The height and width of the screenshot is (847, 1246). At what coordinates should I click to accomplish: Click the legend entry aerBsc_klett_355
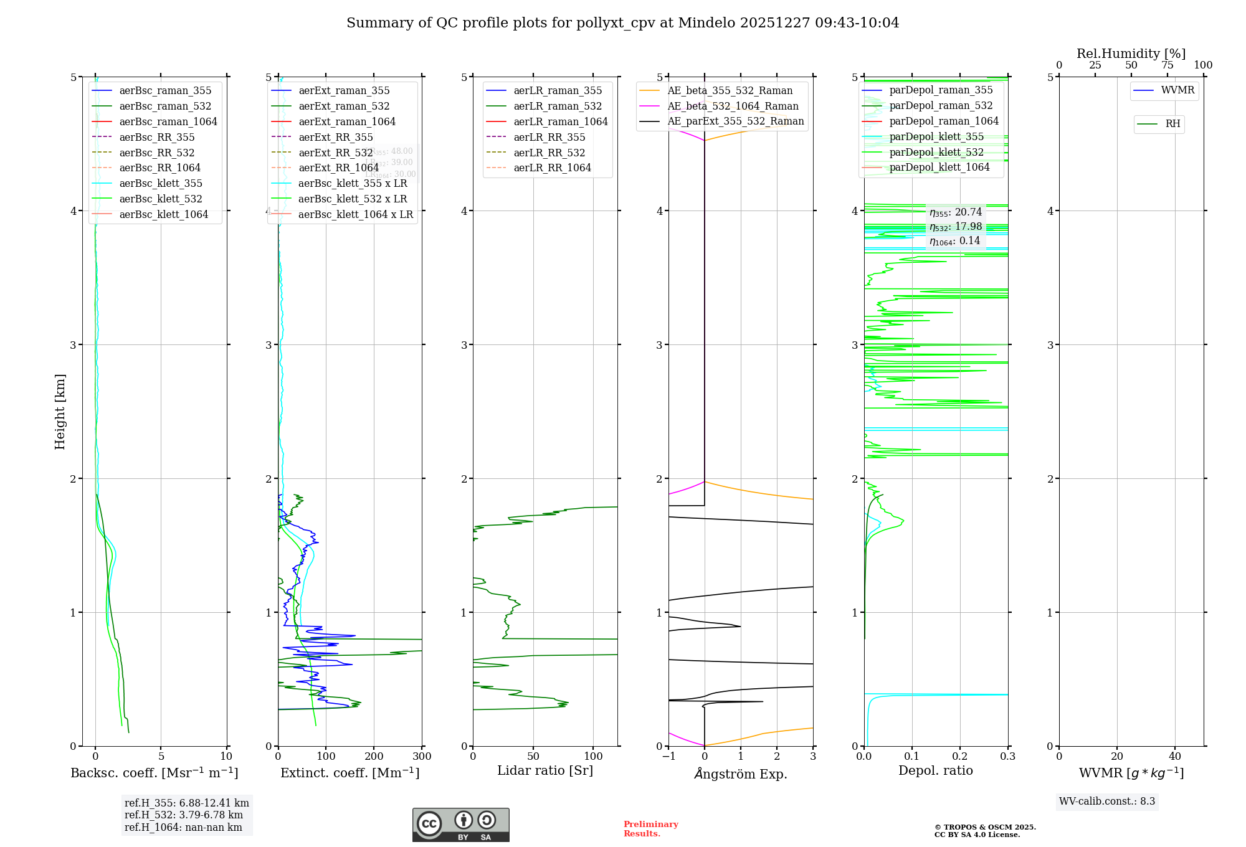(x=160, y=183)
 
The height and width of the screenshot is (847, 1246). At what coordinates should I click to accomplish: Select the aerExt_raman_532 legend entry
(x=344, y=106)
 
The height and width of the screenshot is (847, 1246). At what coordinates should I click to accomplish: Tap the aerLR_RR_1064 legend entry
(x=552, y=168)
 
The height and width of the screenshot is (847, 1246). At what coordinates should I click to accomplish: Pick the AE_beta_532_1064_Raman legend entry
(x=733, y=106)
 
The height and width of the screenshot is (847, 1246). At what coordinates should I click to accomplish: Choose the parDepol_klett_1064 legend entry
(x=939, y=167)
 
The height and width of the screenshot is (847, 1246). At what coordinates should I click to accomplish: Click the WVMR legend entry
(x=1177, y=90)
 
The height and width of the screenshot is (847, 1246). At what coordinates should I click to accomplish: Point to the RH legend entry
(x=1172, y=124)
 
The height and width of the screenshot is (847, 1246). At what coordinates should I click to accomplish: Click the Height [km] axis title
(x=60, y=412)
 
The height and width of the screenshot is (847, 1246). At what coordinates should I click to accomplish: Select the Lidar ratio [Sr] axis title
(x=545, y=770)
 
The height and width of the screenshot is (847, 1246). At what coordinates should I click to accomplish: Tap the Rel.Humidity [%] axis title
(x=1131, y=54)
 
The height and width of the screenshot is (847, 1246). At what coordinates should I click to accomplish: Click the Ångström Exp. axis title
(x=741, y=774)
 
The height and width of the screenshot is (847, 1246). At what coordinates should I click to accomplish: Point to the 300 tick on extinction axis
(x=422, y=757)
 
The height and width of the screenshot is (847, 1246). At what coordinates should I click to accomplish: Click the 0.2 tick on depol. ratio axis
(x=960, y=757)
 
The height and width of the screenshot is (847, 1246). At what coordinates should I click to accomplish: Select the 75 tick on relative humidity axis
(x=1168, y=65)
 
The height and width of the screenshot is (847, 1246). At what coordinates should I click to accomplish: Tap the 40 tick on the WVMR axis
(x=1175, y=757)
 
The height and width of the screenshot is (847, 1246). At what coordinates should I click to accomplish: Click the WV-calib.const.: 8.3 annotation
(x=1107, y=802)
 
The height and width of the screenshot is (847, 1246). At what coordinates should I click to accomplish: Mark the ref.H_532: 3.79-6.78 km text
(x=184, y=815)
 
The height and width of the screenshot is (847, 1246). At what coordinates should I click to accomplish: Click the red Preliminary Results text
(x=650, y=829)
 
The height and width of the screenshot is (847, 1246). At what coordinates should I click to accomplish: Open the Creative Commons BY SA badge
(x=460, y=825)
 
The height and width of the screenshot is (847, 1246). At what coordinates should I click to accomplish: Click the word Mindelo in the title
(x=706, y=23)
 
